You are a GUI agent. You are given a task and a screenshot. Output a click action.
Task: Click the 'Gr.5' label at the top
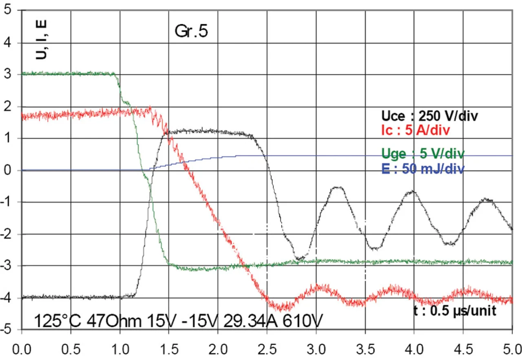coord(191,31)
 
